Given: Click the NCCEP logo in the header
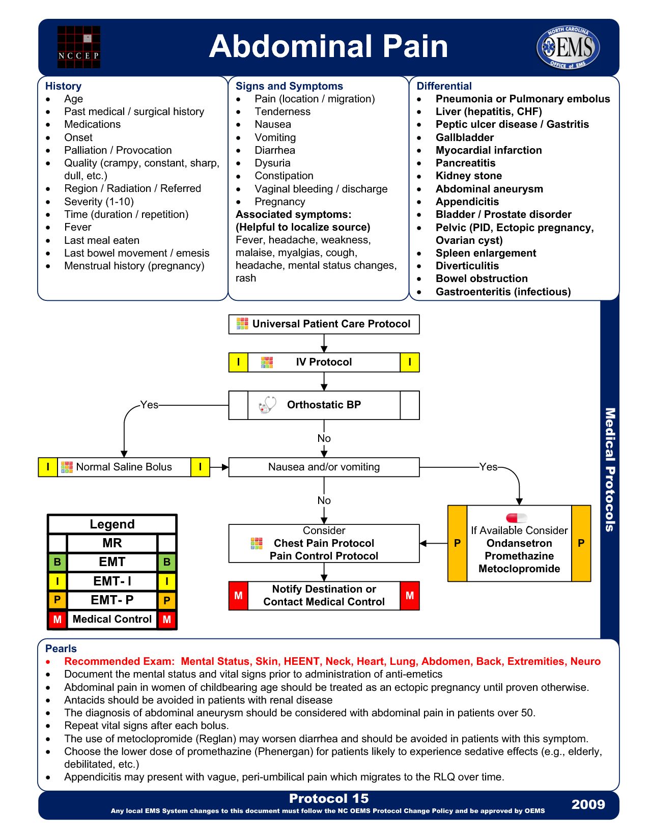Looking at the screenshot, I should [78, 47].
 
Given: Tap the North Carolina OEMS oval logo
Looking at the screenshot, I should [568, 47].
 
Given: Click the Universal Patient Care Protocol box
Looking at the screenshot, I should [324, 324].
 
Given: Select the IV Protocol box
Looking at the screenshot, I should [324, 362].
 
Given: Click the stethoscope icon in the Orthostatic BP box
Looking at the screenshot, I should [267, 405].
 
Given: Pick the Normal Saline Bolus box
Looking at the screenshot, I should [124, 467].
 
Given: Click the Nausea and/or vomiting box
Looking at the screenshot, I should [324, 467].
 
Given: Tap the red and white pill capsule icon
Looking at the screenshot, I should [516, 518].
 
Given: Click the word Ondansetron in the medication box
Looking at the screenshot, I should [519, 543].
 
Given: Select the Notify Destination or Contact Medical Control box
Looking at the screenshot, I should [324, 596].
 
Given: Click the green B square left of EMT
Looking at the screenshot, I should [57, 562].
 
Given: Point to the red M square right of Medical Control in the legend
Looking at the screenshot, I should [167, 620].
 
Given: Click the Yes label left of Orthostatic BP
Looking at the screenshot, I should [149, 405].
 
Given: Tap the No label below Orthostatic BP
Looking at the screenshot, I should [324, 438].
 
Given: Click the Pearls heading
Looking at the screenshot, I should [61, 649].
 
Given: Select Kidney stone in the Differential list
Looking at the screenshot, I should [468, 176].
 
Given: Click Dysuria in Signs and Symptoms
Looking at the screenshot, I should [272, 163].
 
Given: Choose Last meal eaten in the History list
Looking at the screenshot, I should [101, 240].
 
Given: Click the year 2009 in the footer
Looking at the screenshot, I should [588, 804].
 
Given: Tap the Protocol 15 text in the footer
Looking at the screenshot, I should [329, 798].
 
